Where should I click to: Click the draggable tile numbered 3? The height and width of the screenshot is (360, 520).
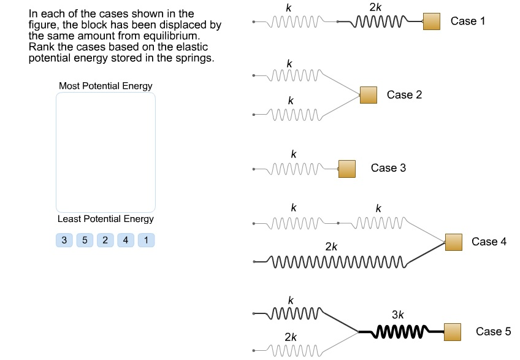(x=64, y=240)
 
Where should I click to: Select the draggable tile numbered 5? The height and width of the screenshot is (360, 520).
(x=85, y=240)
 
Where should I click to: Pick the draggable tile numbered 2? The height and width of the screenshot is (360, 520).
(x=105, y=240)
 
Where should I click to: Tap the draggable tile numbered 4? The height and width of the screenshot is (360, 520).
(x=126, y=240)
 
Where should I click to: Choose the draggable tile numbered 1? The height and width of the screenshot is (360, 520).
(x=146, y=240)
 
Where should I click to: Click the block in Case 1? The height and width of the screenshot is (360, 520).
(x=432, y=21)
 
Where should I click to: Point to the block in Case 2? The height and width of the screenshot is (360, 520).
(x=368, y=95)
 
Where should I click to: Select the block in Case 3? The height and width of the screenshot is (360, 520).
(x=347, y=168)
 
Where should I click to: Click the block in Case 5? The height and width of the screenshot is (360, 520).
(x=453, y=332)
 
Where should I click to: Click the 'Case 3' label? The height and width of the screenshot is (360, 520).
(x=388, y=168)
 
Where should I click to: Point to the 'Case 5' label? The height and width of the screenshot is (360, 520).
(x=493, y=332)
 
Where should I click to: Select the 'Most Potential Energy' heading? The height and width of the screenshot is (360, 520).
(x=105, y=86)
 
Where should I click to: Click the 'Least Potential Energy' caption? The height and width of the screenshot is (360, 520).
(x=105, y=219)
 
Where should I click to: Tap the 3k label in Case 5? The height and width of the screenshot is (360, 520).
(x=398, y=315)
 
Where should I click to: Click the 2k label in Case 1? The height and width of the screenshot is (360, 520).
(x=375, y=7)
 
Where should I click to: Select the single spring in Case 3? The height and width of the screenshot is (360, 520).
(x=296, y=169)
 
